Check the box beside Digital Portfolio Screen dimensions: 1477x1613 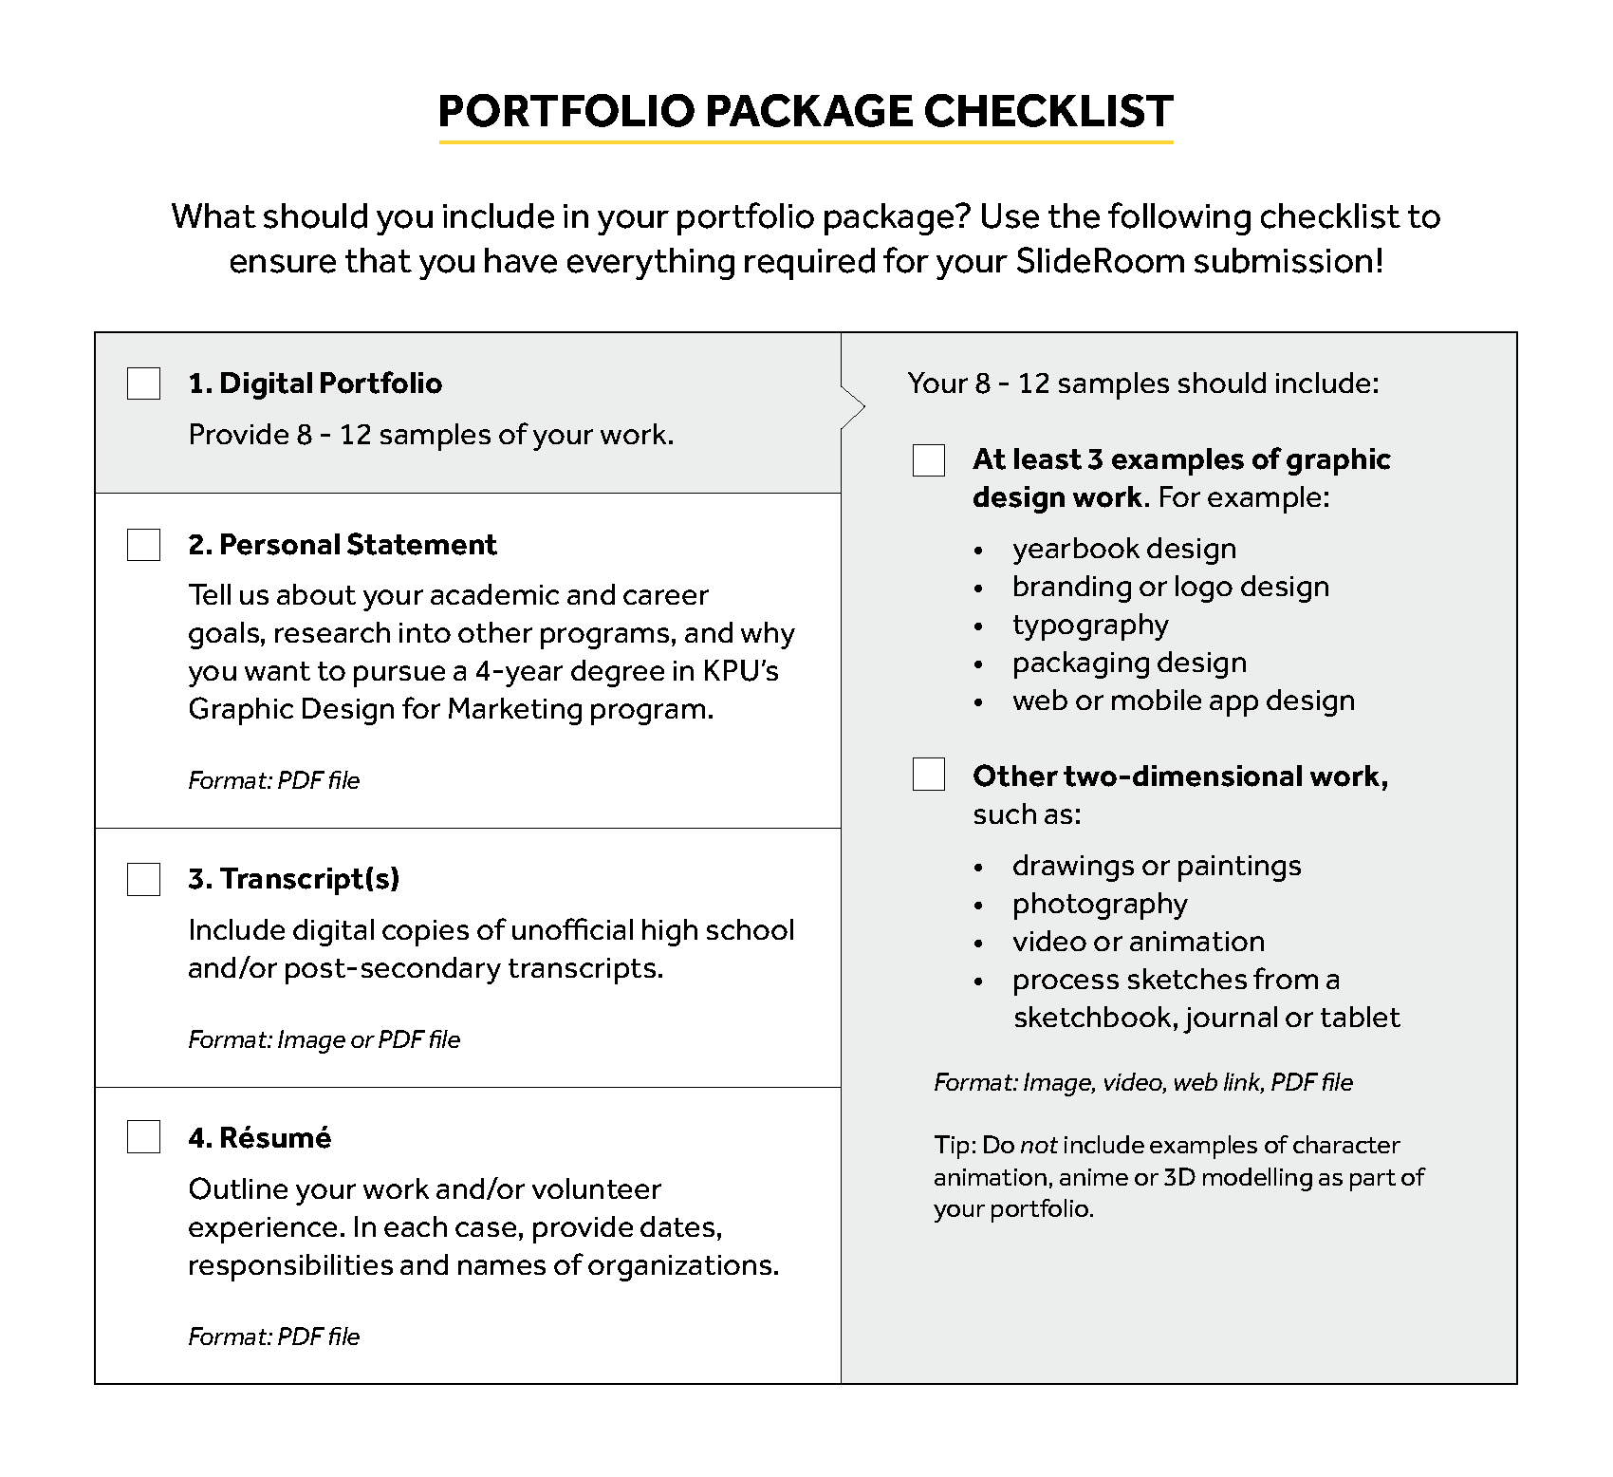pos(143,383)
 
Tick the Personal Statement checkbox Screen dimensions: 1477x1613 pos(143,545)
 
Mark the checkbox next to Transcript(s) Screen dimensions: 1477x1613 pos(143,879)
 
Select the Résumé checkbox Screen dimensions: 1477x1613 pos(143,1137)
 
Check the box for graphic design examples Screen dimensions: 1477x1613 pos(928,460)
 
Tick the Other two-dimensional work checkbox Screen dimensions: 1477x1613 pos(928,775)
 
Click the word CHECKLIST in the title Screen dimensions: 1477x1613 pos(1048,111)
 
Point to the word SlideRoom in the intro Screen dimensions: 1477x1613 pos(1100,261)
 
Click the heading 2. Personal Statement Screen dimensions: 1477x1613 pos(343,545)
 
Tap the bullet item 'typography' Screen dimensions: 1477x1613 pos(1090,625)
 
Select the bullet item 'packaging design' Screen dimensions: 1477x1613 pos(1129,663)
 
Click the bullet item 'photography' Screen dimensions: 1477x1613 pos(1100,904)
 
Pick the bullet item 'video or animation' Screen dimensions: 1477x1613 pos(1139,942)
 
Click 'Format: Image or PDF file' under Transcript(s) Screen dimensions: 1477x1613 pos(324,1040)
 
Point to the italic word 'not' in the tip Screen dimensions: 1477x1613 pos(1039,1146)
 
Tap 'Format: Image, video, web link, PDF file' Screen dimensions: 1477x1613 pos(1143,1083)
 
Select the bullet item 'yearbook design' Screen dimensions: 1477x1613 pos(1124,549)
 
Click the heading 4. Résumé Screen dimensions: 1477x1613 pos(260,1138)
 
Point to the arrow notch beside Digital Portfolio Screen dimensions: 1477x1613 pos(855,409)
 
